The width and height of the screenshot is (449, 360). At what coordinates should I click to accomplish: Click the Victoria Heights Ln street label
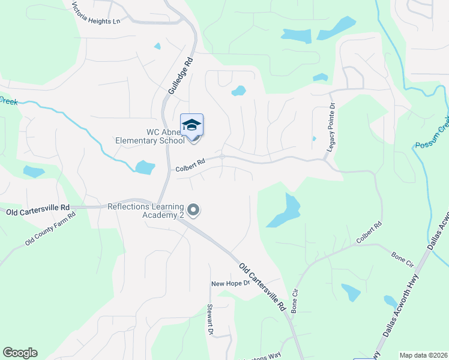coord(96,13)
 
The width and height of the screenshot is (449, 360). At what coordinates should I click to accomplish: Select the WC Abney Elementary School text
coord(151,137)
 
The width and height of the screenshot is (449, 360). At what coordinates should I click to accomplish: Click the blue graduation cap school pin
coord(191,125)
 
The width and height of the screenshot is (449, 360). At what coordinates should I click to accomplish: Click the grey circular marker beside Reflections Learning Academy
coord(193,211)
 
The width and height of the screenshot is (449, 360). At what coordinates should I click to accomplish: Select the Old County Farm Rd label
coord(50,229)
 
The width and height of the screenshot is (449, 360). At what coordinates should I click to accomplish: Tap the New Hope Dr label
coord(229,283)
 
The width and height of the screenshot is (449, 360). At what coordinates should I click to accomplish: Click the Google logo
coord(20,353)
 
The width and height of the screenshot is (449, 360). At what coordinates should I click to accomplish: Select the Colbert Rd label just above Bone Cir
coord(369,233)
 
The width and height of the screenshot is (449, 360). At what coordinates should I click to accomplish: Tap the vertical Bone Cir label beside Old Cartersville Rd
coord(295,299)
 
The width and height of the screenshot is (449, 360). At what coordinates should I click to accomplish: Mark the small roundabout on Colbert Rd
coord(222,157)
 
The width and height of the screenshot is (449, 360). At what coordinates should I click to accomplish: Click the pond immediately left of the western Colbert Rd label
coord(145,167)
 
